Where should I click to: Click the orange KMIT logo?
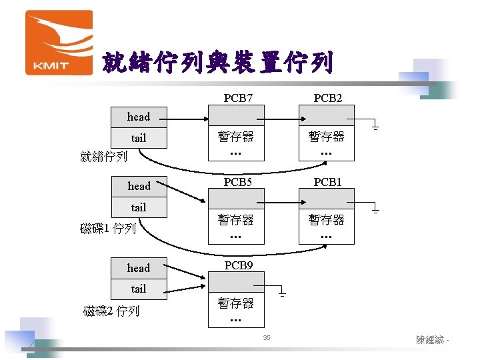point(59,42)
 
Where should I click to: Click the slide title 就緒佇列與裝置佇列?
point(217,64)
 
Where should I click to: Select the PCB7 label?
point(238,99)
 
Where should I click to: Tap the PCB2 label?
point(328,99)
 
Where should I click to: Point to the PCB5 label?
point(238,181)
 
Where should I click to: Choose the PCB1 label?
point(328,181)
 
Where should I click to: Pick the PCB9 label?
point(238,265)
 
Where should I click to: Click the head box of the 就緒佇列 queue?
point(139,117)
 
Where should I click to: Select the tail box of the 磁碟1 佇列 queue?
point(139,207)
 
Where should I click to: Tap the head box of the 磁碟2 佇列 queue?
point(139,268)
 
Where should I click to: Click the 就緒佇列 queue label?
point(103,157)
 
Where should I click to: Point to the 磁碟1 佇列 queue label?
point(108,229)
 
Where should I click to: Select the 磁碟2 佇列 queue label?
point(111,311)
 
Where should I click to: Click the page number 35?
point(266,339)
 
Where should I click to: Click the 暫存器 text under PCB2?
point(326,137)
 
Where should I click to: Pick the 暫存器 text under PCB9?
point(236,303)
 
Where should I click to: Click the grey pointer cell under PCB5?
point(236,199)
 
